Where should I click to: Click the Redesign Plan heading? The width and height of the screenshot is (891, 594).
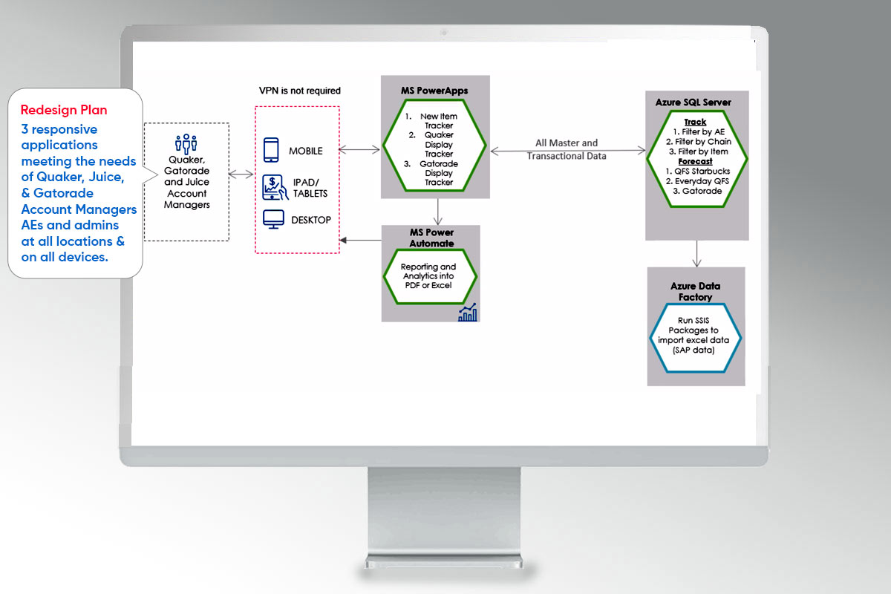click(x=64, y=110)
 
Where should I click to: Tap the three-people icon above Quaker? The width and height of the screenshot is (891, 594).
click(x=186, y=143)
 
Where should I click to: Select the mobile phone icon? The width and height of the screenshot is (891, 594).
click(x=272, y=151)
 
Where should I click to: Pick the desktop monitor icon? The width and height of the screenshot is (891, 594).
click(x=274, y=220)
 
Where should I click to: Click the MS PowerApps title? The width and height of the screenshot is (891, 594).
click(x=434, y=91)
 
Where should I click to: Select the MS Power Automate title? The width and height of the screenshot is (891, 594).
click(x=431, y=238)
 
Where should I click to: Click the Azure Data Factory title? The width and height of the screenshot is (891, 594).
click(x=696, y=291)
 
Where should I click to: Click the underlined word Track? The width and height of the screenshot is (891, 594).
click(x=695, y=122)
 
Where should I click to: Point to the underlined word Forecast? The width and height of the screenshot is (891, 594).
click(x=695, y=160)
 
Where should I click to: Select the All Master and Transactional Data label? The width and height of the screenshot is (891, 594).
click(x=567, y=149)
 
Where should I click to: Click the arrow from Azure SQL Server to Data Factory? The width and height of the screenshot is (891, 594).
click(x=696, y=253)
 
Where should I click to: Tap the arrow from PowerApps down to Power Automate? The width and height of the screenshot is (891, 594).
click(x=439, y=211)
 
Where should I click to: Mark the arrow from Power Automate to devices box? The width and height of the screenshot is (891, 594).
click(x=361, y=240)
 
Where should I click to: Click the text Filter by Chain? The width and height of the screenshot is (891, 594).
click(x=698, y=141)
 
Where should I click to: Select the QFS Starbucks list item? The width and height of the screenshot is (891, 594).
click(x=696, y=171)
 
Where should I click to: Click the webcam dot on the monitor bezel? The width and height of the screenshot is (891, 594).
click(x=444, y=33)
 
